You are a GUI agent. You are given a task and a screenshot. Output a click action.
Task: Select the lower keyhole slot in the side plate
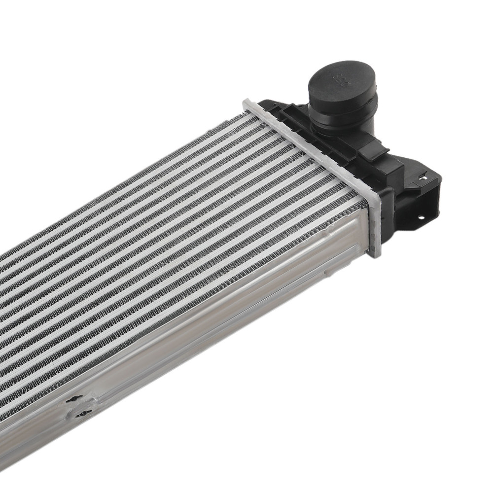84,413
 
